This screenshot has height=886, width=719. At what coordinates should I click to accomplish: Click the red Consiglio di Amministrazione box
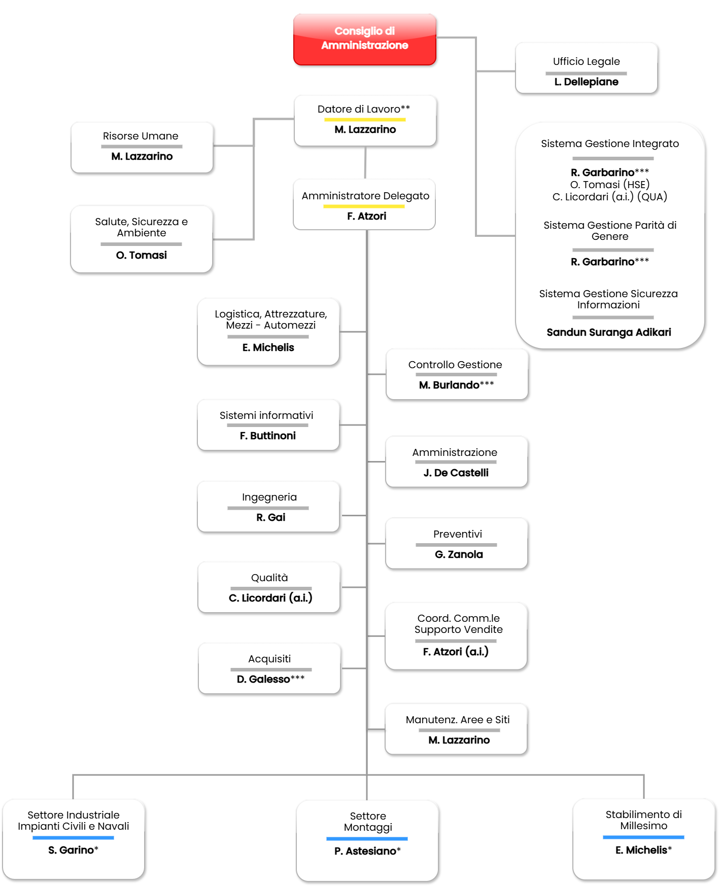pyautogui.click(x=364, y=39)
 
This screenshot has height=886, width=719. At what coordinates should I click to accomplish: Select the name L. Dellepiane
pyautogui.click(x=586, y=82)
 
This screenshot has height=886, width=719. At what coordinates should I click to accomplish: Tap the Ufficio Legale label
pyautogui.click(x=586, y=61)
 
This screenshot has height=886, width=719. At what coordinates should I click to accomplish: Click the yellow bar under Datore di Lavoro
pyautogui.click(x=365, y=120)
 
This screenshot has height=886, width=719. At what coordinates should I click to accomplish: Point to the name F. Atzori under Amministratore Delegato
pyautogui.click(x=366, y=216)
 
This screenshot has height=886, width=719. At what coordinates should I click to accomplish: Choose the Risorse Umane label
pyautogui.click(x=141, y=136)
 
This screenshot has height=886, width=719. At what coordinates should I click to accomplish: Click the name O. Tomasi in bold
pyautogui.click(x=141, y=255)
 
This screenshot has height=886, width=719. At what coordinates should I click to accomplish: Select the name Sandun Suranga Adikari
pyautogui.click(x=608, y=332)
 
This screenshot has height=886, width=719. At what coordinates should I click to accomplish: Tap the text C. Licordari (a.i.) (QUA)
pyautogui.click(x=609, y=197)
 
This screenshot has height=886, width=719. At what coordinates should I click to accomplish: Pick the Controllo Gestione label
pyautogui.click(x=455, y=365)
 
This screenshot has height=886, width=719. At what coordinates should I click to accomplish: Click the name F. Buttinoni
pyautogui.click(x=267, y=436)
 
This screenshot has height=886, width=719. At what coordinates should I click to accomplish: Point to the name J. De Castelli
pyautogui.click(x=456, y=473)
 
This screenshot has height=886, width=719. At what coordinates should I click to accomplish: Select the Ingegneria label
pyautogui.click(x=269, y=497)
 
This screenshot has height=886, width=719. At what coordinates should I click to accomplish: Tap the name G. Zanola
pyautogui.click(x=458, y=554)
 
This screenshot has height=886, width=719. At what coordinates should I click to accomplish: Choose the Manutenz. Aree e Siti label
pyautogui.click(x=457, y=720)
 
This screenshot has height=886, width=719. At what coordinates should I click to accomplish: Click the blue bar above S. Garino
pyautogui.click(x=73, y=838)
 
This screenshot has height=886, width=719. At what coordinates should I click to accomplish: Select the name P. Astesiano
pyautogui.click(x=365, y=851)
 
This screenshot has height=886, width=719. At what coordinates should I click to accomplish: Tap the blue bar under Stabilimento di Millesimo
pyautogui.click(x=643, y=837)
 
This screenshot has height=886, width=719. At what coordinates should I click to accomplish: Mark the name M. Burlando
pyautogui.click(x=449, y=385)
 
